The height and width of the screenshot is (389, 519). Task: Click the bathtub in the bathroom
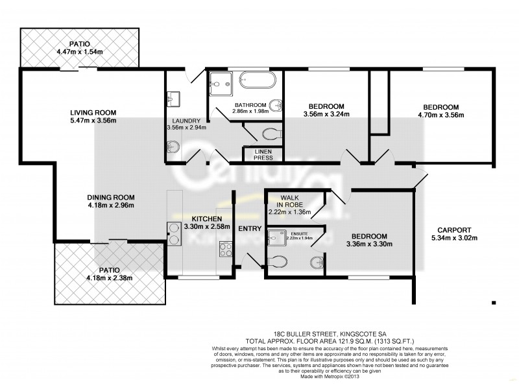pyautogui.click(x=258, y=82)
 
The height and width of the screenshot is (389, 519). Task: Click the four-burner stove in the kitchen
pyautogui.click(x=226, y=248)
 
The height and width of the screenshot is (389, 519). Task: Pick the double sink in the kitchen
pyautogui.click(x=175, y=233)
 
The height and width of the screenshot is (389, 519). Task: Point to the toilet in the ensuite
pyautogui.click(x=278, y=261)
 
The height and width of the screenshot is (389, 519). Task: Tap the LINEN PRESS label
pyautogui.click(x=258, y=154)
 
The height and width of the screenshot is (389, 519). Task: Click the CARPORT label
pyautogui.click(x=453, y=230)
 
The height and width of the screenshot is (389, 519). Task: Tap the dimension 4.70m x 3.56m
pyautogui.click(x=441, y=115)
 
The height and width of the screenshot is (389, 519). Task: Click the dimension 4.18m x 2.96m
pyautogui.click(x=110, y=206)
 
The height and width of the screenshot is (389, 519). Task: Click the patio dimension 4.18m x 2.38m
pyautogui.click(x=109, y=278)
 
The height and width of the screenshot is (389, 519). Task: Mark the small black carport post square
pyautogui.click(x=494, y=301)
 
